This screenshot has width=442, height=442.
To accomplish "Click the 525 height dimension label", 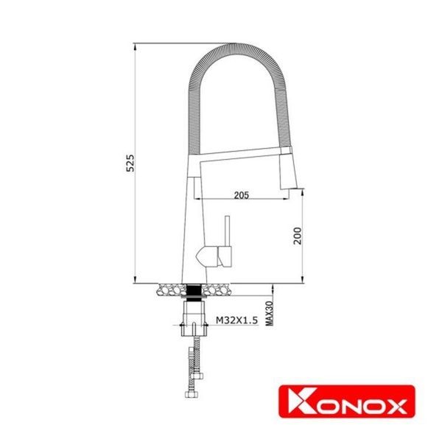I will click(130, 163).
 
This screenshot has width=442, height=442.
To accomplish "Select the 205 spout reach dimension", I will click(240, 194).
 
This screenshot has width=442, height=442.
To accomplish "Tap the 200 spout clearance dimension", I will click(297, 234).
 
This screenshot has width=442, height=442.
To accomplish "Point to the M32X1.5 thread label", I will click(235, 320).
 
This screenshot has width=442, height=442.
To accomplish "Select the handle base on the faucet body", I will click(210, 256).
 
